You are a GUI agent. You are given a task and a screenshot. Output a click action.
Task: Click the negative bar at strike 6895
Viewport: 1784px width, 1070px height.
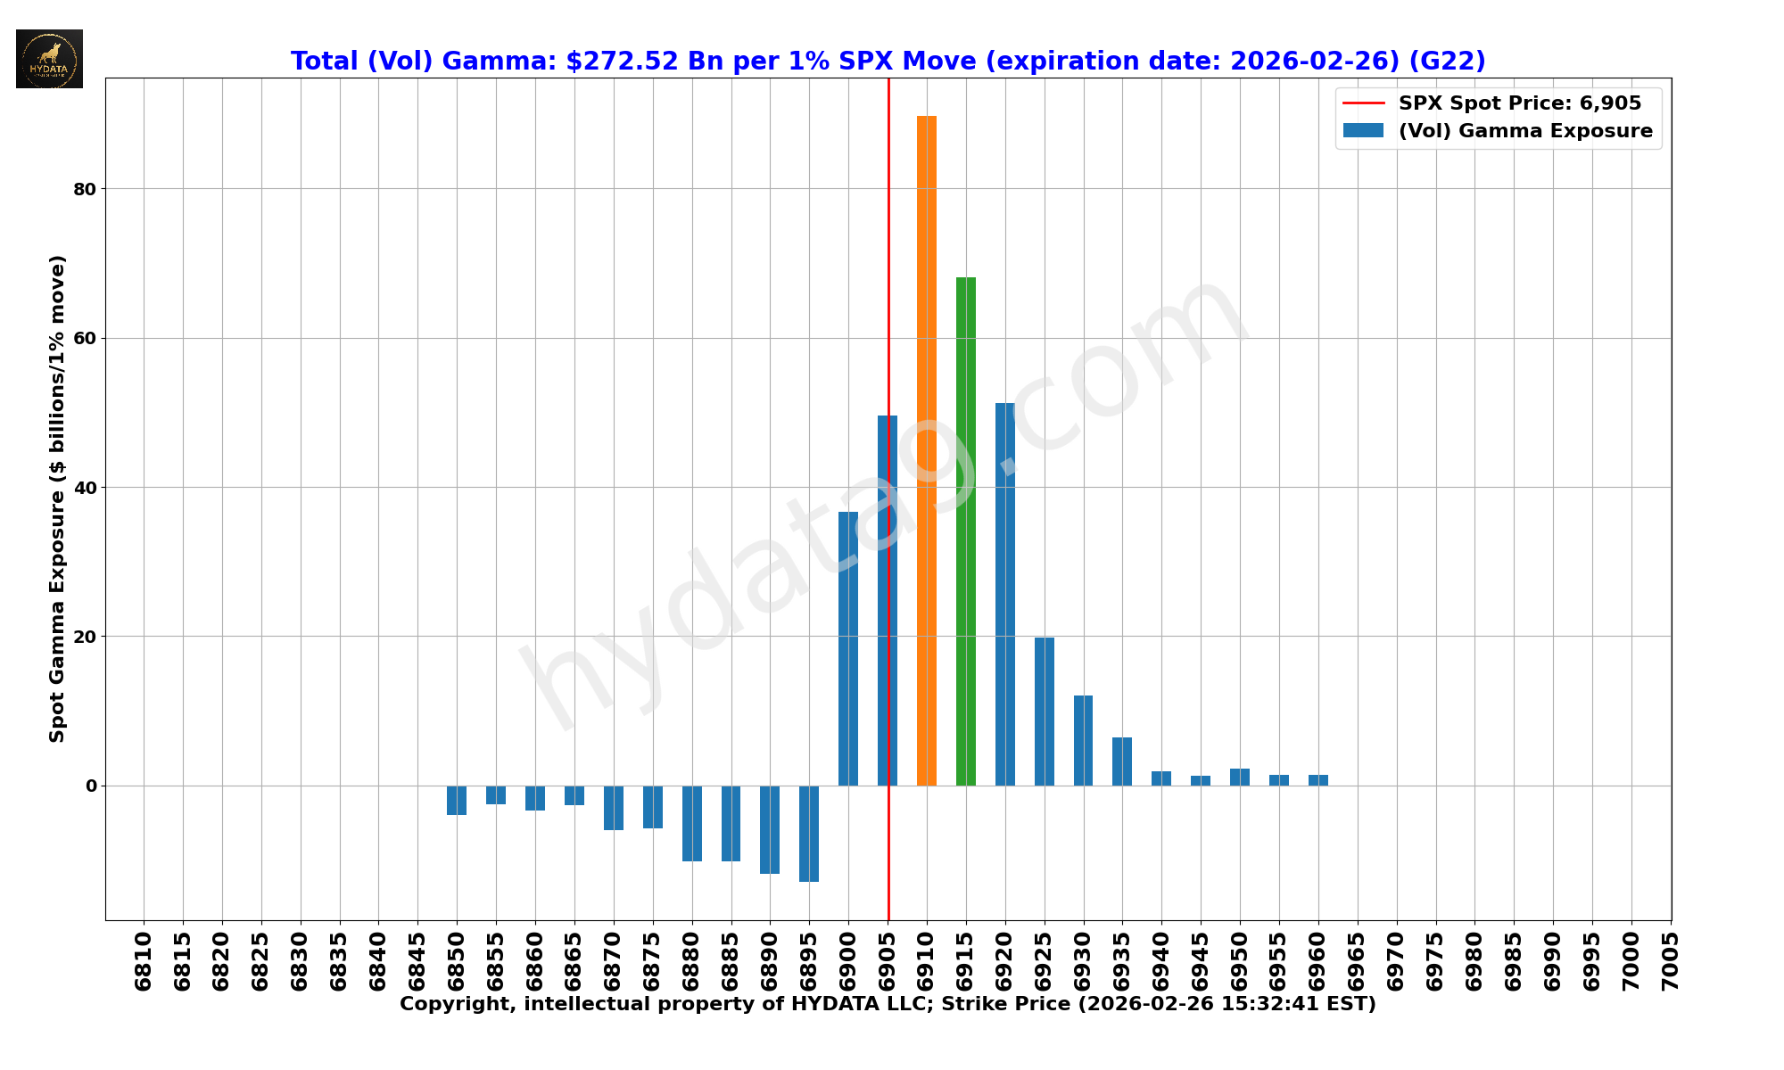[809, 833]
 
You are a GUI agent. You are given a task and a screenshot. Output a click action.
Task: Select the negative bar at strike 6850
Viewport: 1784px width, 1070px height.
[457, 800]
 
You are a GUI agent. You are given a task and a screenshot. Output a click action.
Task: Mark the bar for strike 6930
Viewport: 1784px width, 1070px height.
[1083, 740]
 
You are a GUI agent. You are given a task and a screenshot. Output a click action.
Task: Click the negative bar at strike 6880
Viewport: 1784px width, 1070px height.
[692, 823]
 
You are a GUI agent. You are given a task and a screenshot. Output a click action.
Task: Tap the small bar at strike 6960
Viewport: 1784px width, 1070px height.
[1318, 780]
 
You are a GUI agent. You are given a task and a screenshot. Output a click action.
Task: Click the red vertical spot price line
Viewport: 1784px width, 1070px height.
[888, 267]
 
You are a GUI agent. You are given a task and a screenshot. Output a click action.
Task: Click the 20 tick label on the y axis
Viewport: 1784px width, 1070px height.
[85, 637]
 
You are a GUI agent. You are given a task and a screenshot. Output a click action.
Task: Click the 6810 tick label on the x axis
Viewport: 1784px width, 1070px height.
[144, 961]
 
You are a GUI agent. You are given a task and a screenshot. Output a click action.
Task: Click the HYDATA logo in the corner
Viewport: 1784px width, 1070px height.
[49, 59]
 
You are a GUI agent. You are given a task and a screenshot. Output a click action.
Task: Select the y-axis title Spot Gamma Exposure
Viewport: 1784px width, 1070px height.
[57, 498]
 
